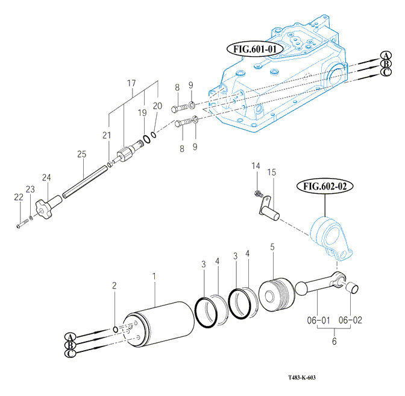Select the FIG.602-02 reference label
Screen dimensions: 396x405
[324, 187]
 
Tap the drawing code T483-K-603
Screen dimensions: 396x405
[301, 378]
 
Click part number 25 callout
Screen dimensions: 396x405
[81, 155]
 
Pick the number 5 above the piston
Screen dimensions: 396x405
[272, 247]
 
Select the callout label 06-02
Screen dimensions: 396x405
[350, 319]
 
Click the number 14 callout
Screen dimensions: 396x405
[256, 166]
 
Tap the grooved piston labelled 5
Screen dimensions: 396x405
[277, 294]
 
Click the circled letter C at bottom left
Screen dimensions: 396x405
[71, 354]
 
